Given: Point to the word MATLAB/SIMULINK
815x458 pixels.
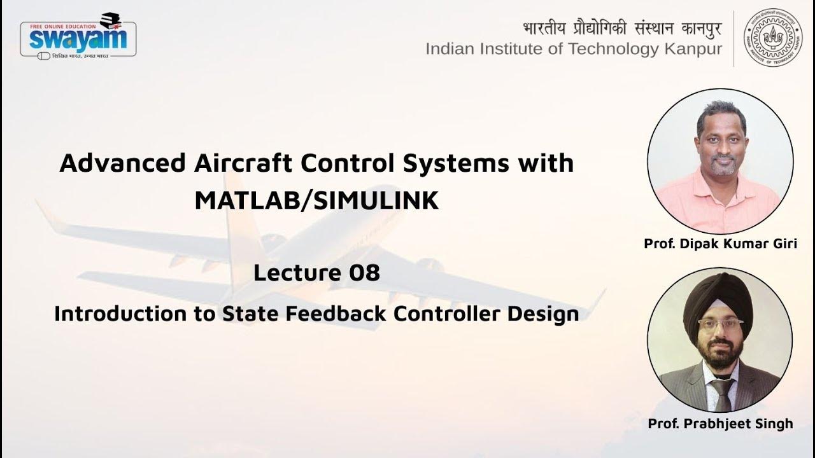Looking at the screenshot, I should tap(316, 201).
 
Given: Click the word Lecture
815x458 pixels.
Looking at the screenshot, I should tap(295, 274).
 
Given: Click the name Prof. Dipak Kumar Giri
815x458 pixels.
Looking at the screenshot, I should tap(720, 244).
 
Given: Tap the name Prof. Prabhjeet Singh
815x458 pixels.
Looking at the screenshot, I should tap(720, 424).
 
